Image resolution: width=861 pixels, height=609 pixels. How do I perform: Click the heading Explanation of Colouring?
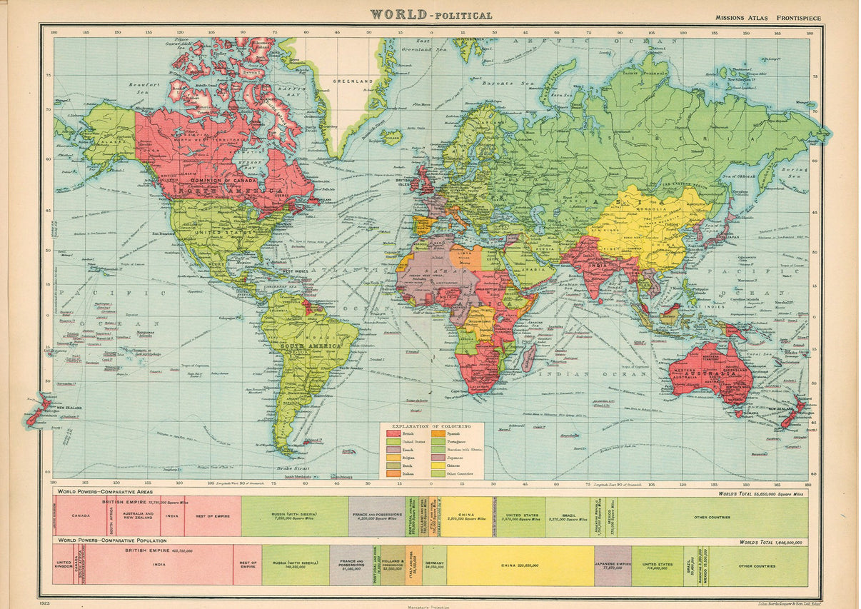pyautogui.click(x=430, y=426)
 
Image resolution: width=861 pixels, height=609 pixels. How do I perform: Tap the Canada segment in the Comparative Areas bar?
pyautogui.click(x=81, y=516)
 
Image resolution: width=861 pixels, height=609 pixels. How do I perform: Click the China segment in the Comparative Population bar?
pyautogui.click(x=520, y=565)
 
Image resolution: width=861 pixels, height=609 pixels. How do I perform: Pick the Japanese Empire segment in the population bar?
pyautogui.click(x=613, y=565)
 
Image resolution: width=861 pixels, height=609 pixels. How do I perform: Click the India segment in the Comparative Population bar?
pyautogui.click(x=169, y=565)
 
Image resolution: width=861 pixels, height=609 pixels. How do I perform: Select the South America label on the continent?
pyautogui.click(x=307, y=346)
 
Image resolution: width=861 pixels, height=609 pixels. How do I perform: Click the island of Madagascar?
pyautogui.click(x=528, y=357)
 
